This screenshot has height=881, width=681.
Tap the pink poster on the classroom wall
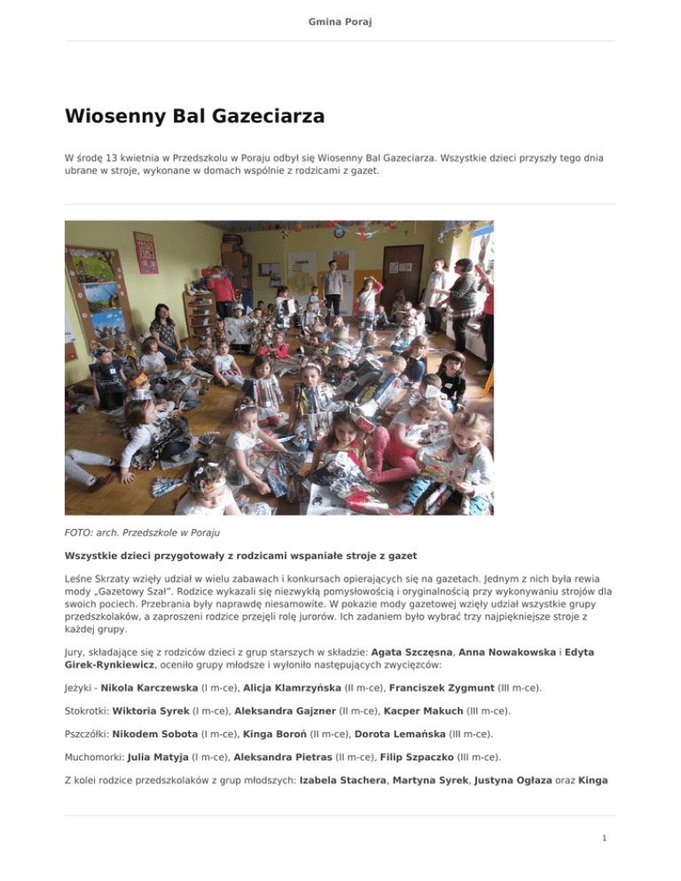pyautogui.click(x=145, y=253)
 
